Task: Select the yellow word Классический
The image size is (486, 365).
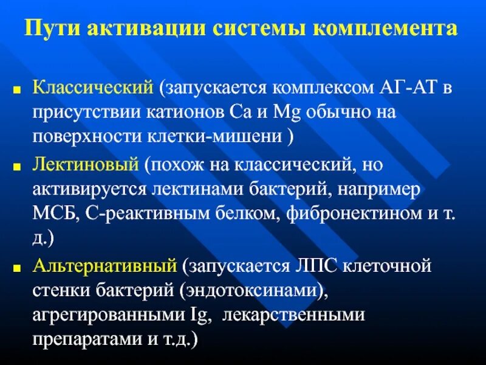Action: pyautogui.click(x=92, y=89)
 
